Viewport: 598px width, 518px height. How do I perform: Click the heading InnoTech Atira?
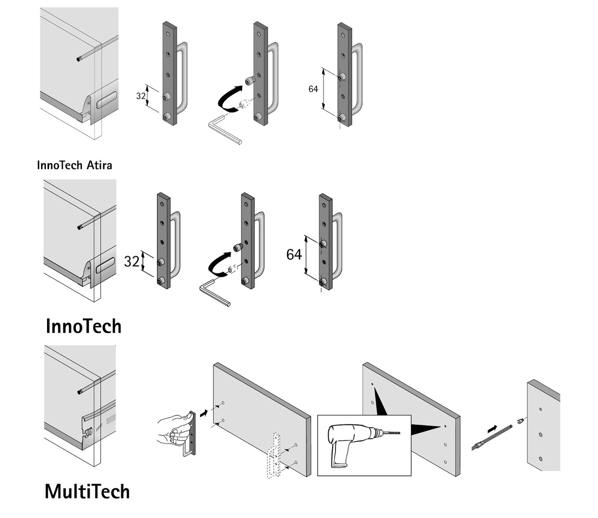coord(74,165)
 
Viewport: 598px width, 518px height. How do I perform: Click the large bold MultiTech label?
coord(87,492)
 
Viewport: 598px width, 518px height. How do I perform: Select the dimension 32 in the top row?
coord(141,96)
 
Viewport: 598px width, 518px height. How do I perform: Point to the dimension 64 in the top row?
coord(313,89)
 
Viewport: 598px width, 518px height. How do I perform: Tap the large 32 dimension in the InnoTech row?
coord(132,261)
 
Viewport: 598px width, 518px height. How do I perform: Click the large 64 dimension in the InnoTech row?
coord(294,254)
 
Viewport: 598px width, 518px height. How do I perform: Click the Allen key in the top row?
coord(224,129)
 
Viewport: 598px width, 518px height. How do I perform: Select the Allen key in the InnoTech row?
coord(214,292)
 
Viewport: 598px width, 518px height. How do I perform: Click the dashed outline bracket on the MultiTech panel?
coord(274,456)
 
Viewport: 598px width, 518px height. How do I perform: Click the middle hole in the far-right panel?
coord(540,435)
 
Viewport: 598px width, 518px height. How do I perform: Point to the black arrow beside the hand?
coord(204,412)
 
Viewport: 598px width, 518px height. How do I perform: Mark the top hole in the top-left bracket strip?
coord(167,35)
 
